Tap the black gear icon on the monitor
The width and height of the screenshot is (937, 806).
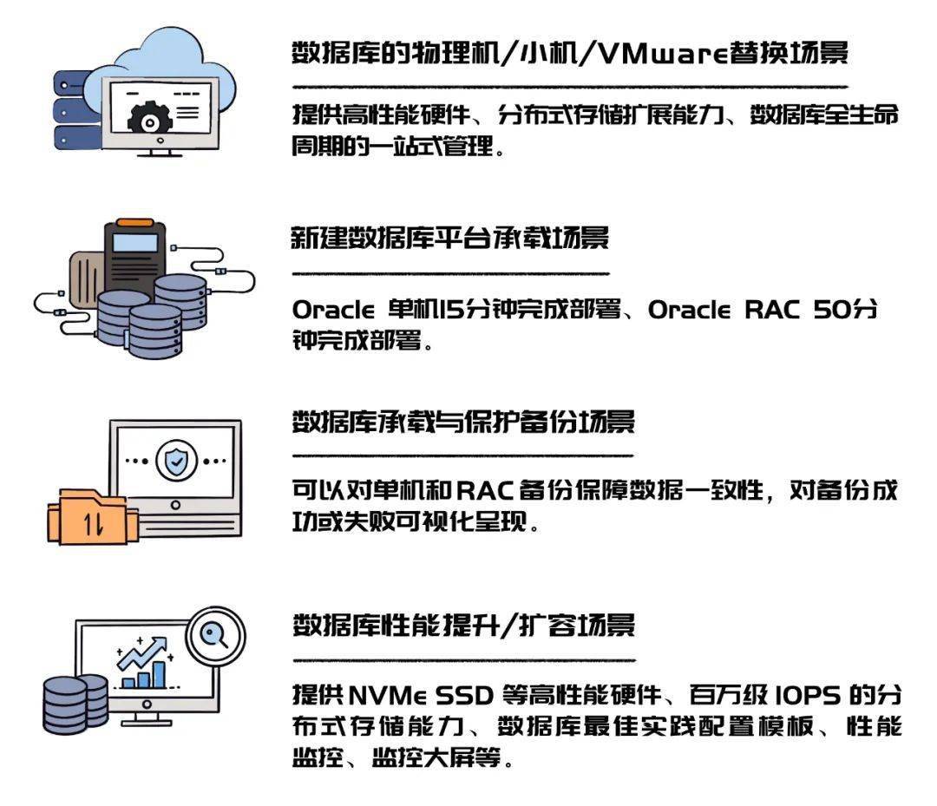tap(149, 120)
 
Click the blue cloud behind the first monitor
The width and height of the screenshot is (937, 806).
tap(161, 66)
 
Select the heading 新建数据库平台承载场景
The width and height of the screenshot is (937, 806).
tap(450, 238)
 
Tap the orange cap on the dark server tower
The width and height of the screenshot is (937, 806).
tap(134, 222)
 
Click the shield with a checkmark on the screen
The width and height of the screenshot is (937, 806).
tap(176, 461)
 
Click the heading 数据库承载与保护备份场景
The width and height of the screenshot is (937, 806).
tap(463, 422)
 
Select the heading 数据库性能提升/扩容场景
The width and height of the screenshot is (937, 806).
tap(463, 626)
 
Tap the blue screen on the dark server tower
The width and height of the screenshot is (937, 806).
tap(135, 243)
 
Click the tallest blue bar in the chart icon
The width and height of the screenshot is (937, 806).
tap(160, 674)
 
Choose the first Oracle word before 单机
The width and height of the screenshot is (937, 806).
tap(333, 310)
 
